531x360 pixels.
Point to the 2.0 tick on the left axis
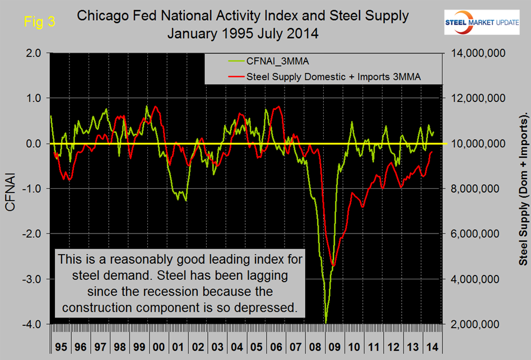pos(34,53)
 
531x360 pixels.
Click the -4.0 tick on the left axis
pos(33,324)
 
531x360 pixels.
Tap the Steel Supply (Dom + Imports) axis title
pos(523,189)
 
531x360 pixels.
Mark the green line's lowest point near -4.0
pos(325,322)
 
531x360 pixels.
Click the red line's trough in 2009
pos(334,265)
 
